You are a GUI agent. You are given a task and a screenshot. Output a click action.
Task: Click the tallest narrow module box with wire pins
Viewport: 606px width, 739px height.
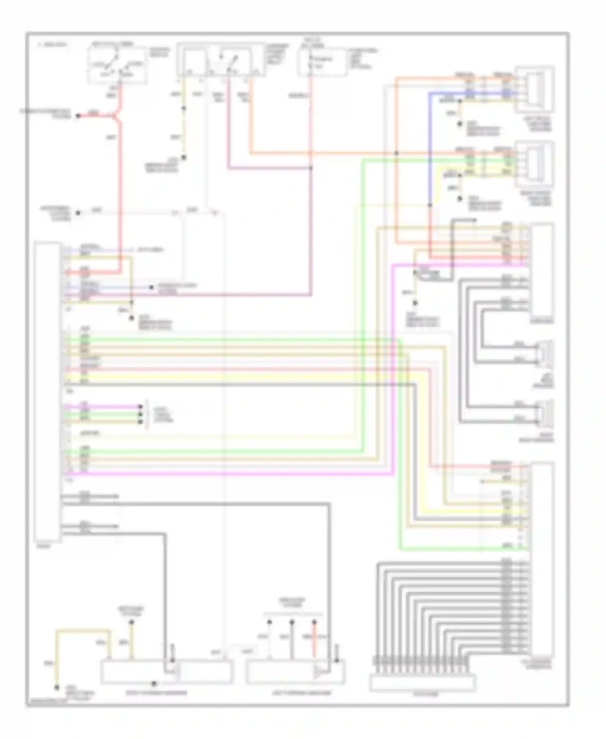coord(48,391)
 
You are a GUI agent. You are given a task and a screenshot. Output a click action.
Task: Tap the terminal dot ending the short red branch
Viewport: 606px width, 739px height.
coord(78,116)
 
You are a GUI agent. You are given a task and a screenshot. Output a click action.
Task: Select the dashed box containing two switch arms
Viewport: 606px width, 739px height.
coord(116,65)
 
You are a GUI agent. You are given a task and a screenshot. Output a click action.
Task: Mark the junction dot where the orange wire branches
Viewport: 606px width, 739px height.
coord(396,153)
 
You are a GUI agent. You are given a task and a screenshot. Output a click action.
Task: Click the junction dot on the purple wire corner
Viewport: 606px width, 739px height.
coord(311,168)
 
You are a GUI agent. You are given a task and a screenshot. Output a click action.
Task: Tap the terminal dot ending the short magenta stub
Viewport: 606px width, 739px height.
coord(141,407)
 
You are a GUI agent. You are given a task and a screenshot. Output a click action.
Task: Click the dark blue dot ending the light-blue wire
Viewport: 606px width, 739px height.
coord(151,287)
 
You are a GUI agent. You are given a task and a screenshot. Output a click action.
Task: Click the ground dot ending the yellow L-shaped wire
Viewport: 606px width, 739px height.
coord(57,687)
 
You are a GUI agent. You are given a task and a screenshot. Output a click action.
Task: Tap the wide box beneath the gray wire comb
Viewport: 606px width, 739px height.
coord(422,683)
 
